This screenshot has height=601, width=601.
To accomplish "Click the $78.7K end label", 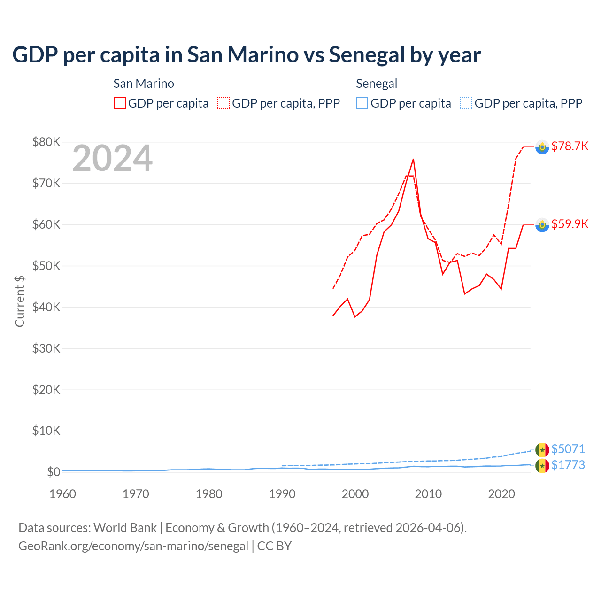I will pyautogui.click(x=570, y=146).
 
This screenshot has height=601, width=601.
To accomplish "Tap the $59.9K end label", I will pyautogui.click(x=570, y=224).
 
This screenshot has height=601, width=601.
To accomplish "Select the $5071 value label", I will pyautogui.click(x=568, y=449).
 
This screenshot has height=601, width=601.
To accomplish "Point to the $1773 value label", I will pyautogui.click(x=568, y=465).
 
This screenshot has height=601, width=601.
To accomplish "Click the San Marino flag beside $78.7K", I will pyautogui.click(x=542, y=147).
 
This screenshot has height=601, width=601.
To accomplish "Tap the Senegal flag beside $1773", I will pyautogui.click(x=542, y=466).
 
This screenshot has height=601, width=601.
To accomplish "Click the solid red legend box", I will pyautogui.click(x=120, y=103).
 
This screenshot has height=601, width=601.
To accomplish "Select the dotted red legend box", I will pyautogui.click(x=223, y=103).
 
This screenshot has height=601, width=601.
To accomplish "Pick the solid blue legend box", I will pyautogui.click(x=362, y=103).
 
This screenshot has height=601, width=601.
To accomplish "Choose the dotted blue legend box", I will pyautogui.click(x=466, y=103).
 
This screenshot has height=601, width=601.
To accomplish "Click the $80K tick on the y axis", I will pyautogui.click(x=46, y=142).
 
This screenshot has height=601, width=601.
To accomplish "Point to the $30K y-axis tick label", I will pyautogui.click(x=46, y=348).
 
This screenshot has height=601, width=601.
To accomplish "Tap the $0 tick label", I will pyautogui.click(x=54, y=472).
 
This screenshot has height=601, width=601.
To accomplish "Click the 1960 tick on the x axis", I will pyautogui.click(x=62, y=494).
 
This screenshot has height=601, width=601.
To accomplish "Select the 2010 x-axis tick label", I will pyautogui.click(x=428, y=494).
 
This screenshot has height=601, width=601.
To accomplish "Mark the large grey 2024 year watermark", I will pyautogui.click(x=112, y=159).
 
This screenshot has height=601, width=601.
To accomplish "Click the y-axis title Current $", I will pyautogui.click(x=20, y=301).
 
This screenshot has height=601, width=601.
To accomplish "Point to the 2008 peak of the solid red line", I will pyautogui.click(x=413, y=159).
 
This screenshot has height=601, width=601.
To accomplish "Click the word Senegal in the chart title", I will pyautogui.click(x=367, y=54).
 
